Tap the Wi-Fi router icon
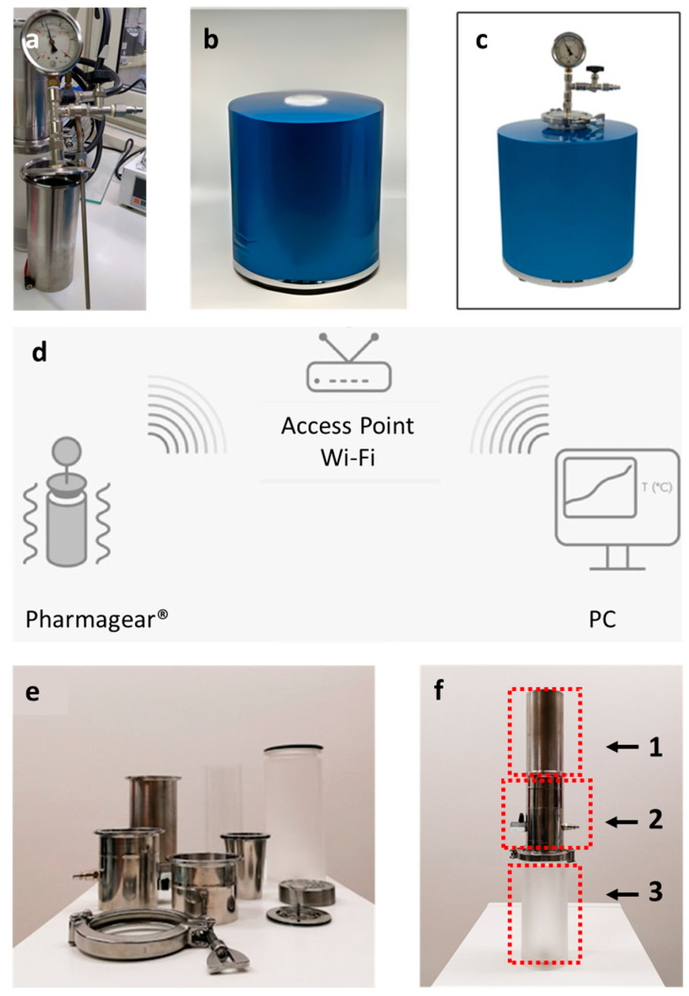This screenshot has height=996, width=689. tap(348, 363)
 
